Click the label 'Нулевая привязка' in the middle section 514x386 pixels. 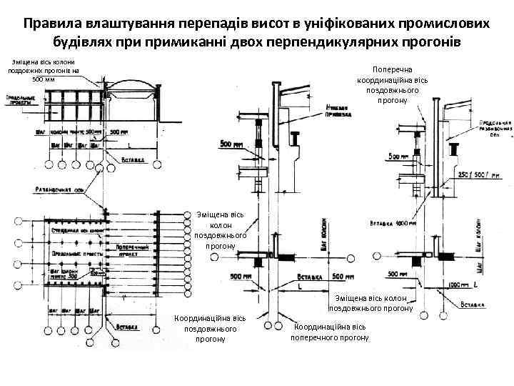(341, 110)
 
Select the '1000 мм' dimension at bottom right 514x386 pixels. (454, 284)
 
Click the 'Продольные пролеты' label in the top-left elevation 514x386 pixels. (22, 100)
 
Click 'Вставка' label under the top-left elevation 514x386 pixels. (135, 159)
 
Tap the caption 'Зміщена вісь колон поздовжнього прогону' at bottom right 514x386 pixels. (371, 303)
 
